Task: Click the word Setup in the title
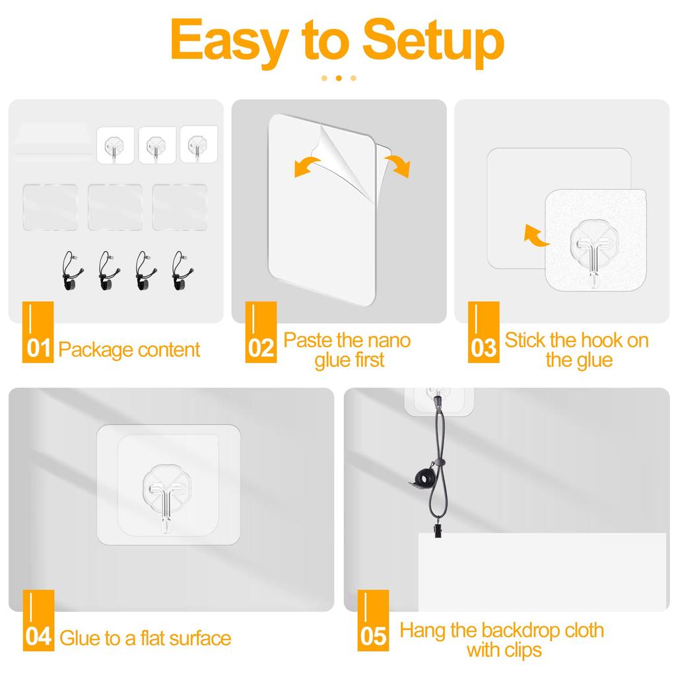[433, 42]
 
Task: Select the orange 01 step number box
[38, 332]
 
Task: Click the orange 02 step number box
[261, 332]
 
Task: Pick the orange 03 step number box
[484, 332]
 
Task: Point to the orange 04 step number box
[38, 621]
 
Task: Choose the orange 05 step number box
[373, 621]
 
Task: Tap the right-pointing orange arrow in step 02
[397, 166]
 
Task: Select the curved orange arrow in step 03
[535, 236]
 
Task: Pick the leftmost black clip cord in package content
[71, 271]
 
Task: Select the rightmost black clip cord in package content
[182, 271]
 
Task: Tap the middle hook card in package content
[157, 145]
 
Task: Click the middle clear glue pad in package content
[115, 207]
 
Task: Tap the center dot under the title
[339, 78]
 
